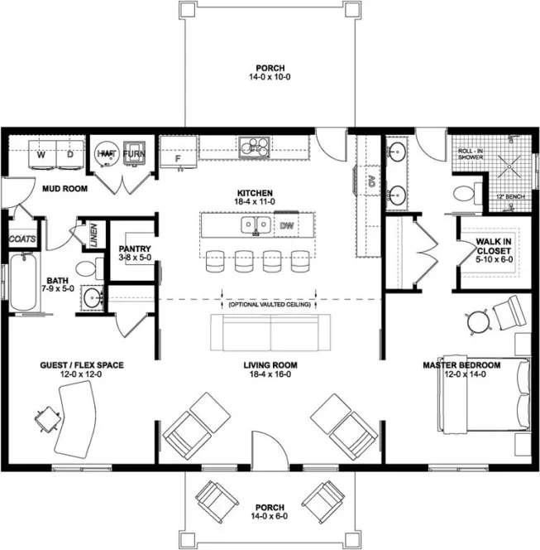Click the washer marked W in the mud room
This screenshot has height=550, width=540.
click(x=41, y=154)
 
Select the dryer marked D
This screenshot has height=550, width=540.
click(x=70, y=154)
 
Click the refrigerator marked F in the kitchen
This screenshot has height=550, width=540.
click(x=176, y=156)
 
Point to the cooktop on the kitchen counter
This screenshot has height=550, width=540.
click(x=254, y=148)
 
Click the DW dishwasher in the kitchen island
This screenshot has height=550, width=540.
click(x=286, y=224)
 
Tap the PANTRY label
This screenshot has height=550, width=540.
click(x=132, y=248)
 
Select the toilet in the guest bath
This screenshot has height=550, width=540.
click(x=87, y=269)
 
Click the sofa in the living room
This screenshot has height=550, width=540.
click(x=271, y=331)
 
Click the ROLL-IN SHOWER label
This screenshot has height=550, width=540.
click(x=472, y=157)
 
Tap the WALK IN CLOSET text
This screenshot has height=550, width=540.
click(x=494, y=246)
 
